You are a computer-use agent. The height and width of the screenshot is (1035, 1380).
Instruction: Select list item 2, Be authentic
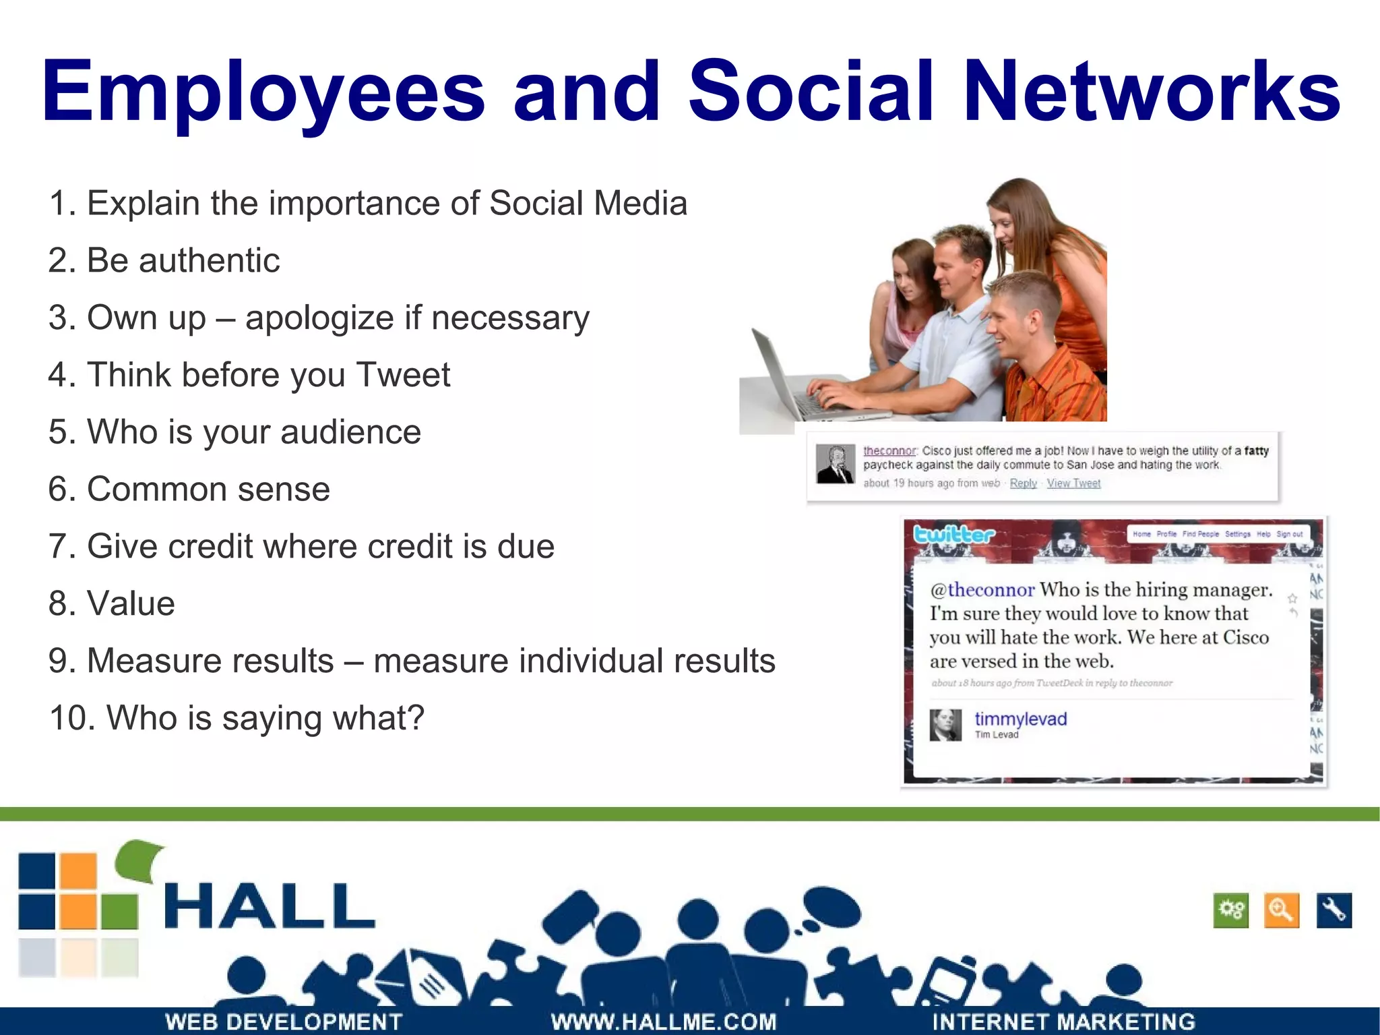coord(164,260)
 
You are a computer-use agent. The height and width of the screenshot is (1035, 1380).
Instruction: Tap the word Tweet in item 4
coord(403,375)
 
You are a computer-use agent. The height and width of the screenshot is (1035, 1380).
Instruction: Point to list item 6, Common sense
coord(189,489)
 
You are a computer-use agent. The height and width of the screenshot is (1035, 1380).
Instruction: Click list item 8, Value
coord(112,603)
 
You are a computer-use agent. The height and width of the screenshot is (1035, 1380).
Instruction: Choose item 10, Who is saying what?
coord(237,717)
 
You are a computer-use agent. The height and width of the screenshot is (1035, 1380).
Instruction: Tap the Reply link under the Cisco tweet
coord(1023,483)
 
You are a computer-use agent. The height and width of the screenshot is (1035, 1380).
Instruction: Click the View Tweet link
coord(1073,483)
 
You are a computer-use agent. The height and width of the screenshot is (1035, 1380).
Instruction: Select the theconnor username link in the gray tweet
coord(889,450)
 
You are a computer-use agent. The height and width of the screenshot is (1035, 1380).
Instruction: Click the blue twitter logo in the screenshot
coord(953,535)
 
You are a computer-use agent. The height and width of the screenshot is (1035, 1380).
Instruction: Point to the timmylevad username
coord(1020,719)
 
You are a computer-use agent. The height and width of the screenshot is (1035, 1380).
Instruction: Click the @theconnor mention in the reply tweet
coord(982,590)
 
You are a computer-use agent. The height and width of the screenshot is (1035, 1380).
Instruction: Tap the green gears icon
coord(1230,910)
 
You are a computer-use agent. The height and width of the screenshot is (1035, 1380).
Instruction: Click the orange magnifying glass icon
coord(1281,910)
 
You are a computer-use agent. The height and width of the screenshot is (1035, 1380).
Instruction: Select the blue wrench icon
coord(1334,910)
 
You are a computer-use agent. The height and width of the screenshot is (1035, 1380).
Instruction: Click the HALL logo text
coord(270,907)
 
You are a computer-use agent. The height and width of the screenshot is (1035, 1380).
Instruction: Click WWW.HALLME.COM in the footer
coord(664,1022)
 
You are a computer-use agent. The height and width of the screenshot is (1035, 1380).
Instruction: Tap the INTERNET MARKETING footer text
coord(1063,1022)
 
